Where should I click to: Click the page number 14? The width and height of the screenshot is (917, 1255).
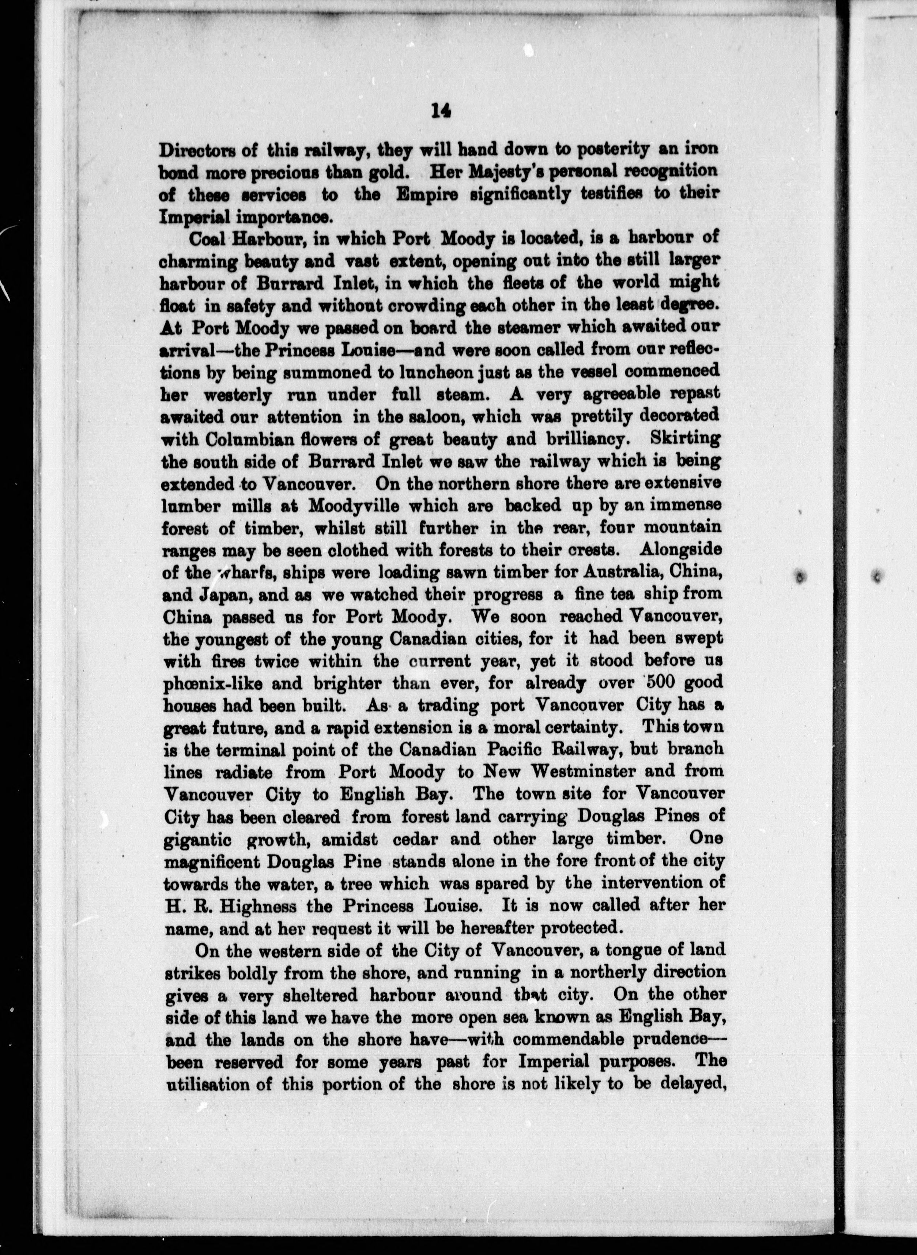440,112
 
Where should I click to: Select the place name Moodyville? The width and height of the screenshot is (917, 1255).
355,506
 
